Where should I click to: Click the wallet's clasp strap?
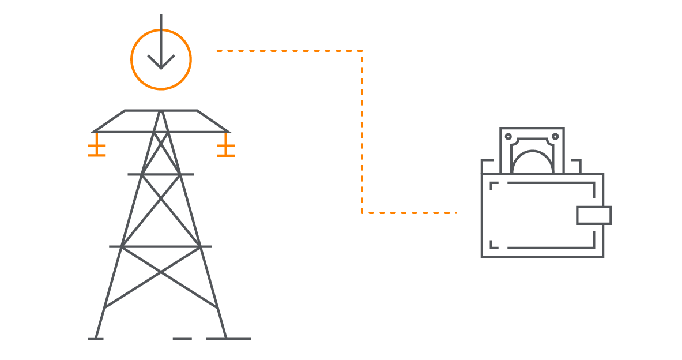click(x=593, y=215)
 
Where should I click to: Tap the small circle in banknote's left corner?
click(x=508, y=137)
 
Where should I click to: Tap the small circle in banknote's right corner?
click(x=555, y=137)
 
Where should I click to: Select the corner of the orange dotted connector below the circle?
click(x=362, y=51)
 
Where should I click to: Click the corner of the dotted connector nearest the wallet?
click(x=362, y=212)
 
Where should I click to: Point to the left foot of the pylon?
click(x=96, y=339)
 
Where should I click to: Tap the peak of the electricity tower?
click(x=161, y=111)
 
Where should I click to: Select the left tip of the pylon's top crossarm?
click(x=93, y=132)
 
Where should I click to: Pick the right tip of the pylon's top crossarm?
click(x=229, y=132)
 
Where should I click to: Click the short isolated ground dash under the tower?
click(x=182, y=339)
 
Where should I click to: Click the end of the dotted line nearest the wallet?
click(x=455, y=212)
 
